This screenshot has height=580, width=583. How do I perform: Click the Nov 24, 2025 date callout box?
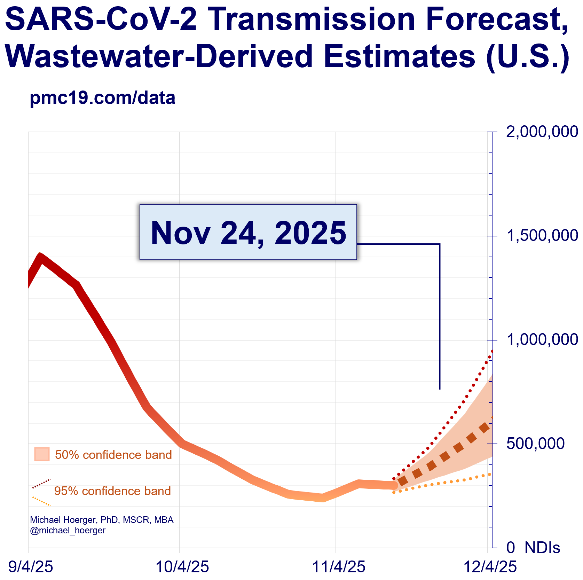(x=248, y=232)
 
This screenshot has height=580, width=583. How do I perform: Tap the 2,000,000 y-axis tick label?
(x=542, y=132)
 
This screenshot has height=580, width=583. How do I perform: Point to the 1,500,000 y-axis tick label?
(x=542, y=236)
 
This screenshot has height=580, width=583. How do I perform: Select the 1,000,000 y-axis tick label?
(x=542, y=340)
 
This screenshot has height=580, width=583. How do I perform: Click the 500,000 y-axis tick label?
(x=535, y=444)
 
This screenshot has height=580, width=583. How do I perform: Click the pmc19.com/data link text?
(x=102, y=98)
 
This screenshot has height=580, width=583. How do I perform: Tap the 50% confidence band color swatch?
(x=42, y=454)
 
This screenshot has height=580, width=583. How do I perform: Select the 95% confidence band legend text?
(x=112, y=491)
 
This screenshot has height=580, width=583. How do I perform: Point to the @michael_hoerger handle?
(x=68, y=530)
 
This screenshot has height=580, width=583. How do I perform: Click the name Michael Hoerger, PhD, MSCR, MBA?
(x=102, y=520)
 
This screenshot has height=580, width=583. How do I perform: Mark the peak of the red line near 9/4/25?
(x=40, y=257)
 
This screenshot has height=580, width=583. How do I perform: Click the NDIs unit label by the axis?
(x=542, y=548)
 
